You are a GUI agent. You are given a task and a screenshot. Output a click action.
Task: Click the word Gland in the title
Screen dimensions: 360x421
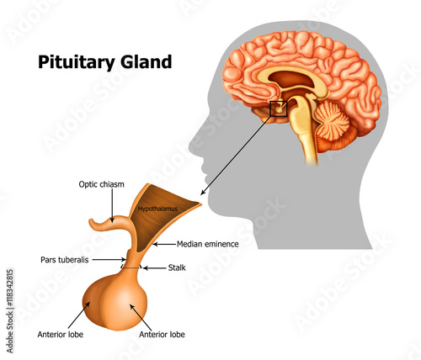[x=147, y=61]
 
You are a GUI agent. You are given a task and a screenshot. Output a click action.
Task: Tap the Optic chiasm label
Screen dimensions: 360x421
[x=101, y=185]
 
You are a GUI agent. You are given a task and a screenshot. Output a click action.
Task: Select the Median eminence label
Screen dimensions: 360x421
[x=208, y=244]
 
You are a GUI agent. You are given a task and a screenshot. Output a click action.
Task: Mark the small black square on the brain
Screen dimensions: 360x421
[x=278, y=108]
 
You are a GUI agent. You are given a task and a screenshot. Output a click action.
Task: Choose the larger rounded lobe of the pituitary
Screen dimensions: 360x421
[x=134, y=304]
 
